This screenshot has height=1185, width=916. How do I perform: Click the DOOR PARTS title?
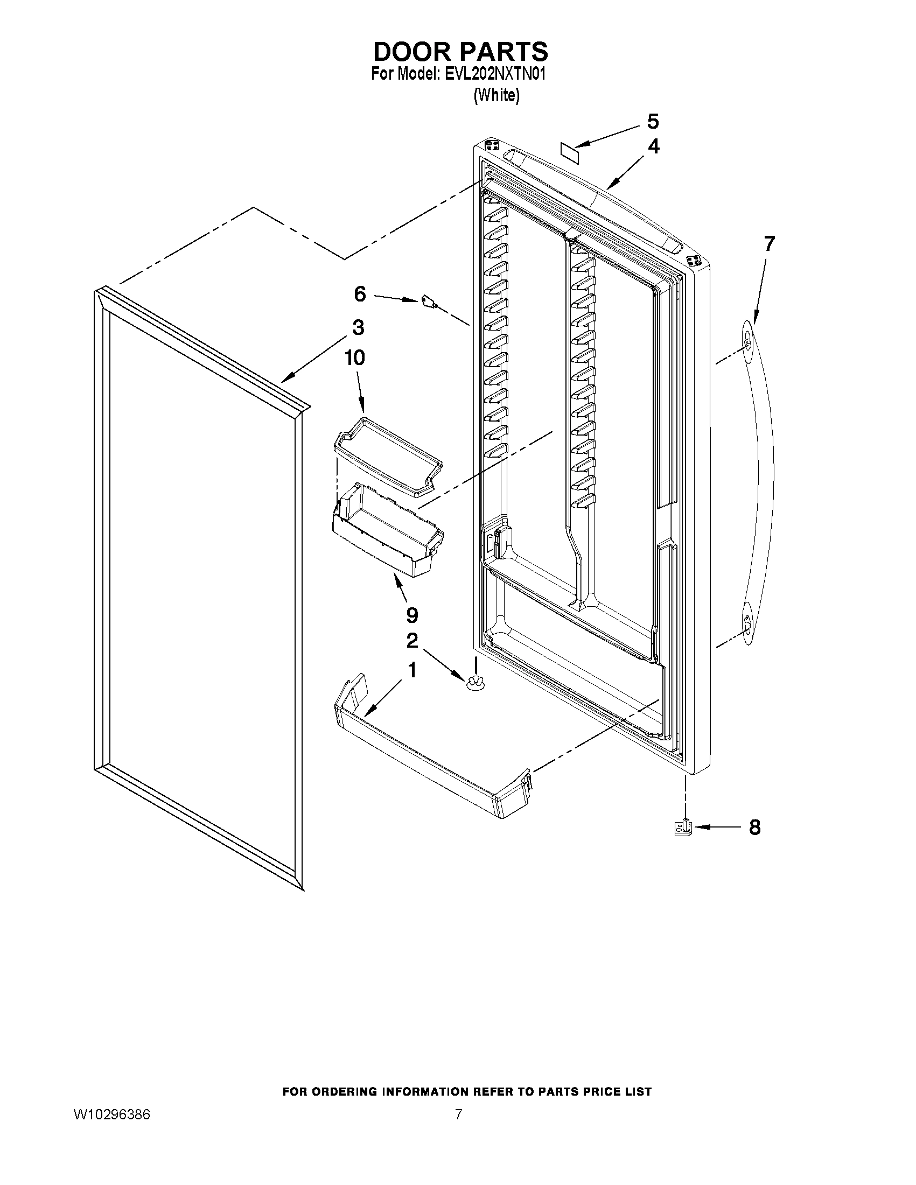coord(460,52)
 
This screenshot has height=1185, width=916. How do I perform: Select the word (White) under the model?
coord(496,95)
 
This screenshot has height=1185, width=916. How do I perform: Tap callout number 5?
coord(653,122)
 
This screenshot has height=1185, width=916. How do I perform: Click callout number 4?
coord(653,146)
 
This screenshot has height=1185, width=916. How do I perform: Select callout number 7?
coord(769,244)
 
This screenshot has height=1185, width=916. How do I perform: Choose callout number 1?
coord(412,671)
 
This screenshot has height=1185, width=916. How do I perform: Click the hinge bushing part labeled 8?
coord(683,828)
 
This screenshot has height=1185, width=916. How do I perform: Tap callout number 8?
coord(754,828)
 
